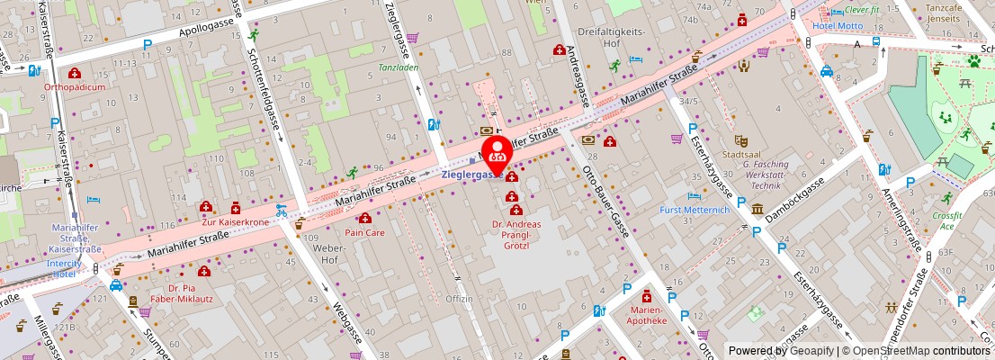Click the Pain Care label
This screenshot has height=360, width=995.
(365, 232)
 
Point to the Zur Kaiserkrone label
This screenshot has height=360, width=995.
(235, 221)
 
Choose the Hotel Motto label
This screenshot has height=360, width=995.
(838, 25)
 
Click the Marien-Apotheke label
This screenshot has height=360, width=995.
(647, 314)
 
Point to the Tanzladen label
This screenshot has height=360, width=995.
(398, 67)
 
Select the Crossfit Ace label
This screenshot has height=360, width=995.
(946, 221)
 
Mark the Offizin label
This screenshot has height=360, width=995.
(459, 299)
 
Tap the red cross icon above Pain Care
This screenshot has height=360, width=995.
(365, 218)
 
